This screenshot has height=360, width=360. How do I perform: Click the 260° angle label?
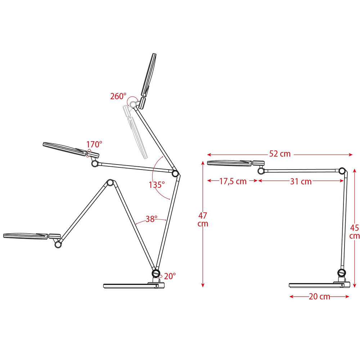point(118,96)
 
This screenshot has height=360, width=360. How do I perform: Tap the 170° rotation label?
point(94,144)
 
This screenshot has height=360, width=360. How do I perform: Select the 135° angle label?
point(157,185)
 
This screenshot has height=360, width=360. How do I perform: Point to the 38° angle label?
point(152,219)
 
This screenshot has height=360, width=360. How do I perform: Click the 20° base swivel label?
point(170,276)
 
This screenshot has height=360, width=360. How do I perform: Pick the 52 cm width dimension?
point(280,154)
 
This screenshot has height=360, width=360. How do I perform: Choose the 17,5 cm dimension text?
point(233,181)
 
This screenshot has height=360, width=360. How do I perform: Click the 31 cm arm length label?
point(301,181)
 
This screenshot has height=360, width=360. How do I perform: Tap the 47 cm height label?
point(203,220)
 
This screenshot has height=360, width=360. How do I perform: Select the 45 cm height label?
point(354,231)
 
